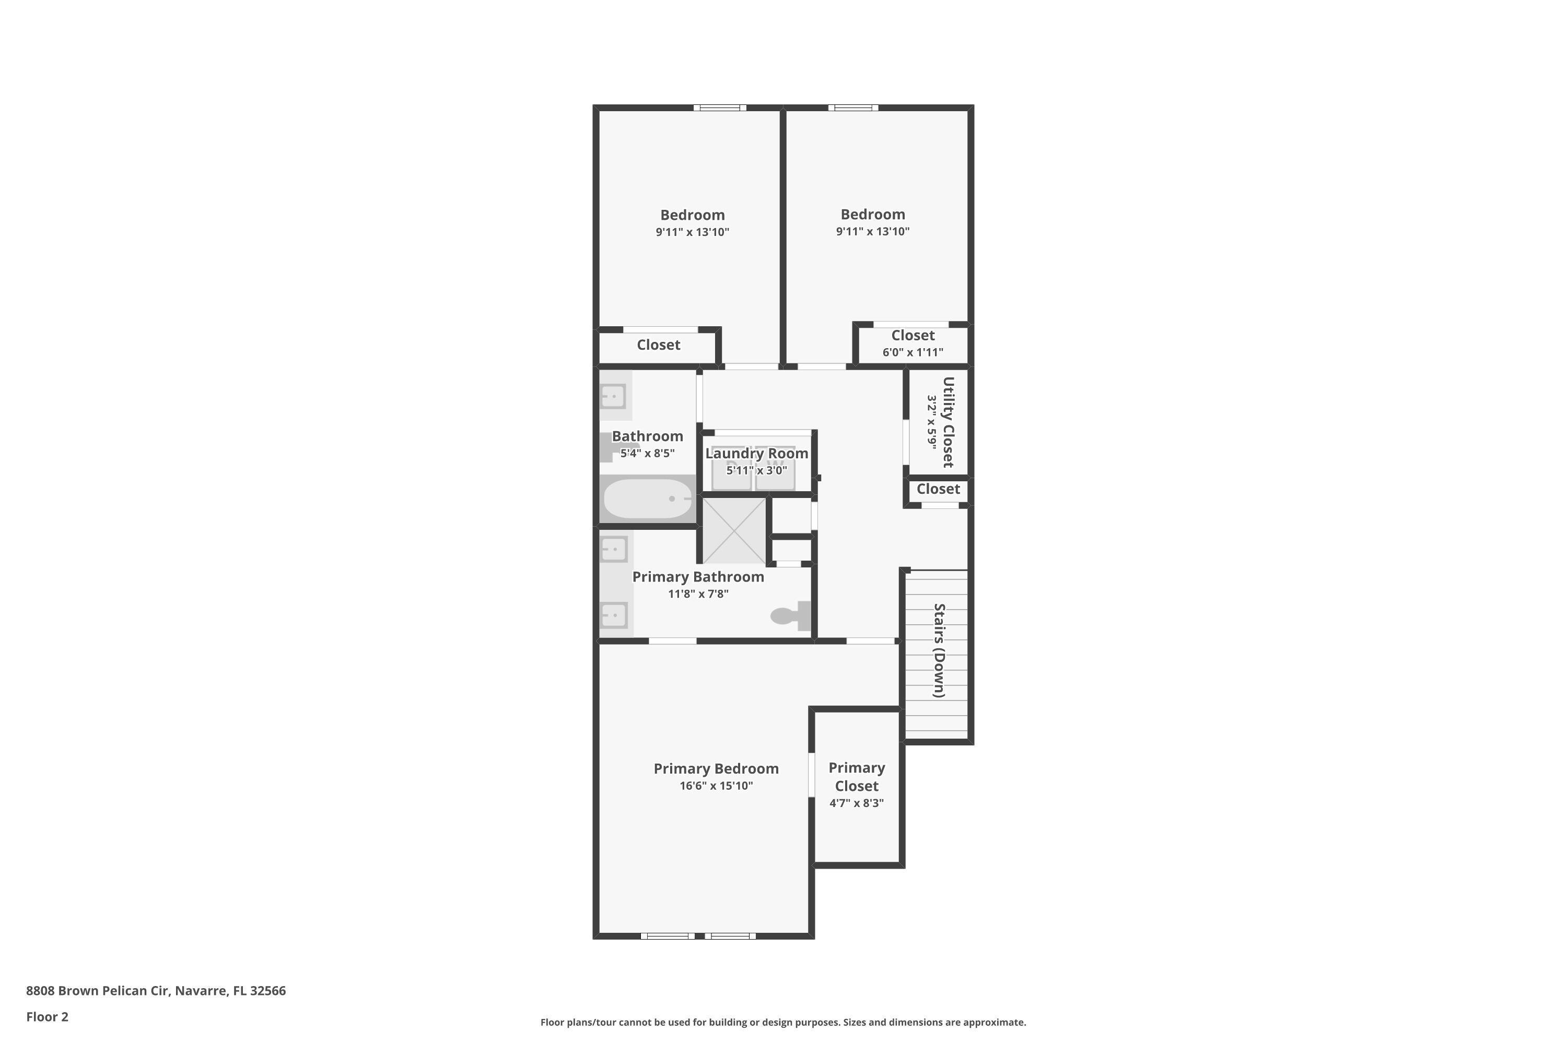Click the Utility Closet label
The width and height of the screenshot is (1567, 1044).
pos(948,422)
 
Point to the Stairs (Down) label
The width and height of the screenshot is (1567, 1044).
pos(939,650)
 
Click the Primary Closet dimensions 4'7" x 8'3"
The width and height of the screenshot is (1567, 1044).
pos(856,803)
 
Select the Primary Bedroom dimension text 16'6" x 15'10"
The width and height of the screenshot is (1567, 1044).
pos(716,786)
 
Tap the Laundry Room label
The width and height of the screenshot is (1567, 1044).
pos(756,454)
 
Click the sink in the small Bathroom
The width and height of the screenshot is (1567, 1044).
pos(614,396)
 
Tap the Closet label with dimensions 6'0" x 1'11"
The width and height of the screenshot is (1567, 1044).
pos(913,336)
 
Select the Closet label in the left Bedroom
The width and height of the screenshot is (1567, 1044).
pos(658,345)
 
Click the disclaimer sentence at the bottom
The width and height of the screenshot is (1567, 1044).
pos(783,1022)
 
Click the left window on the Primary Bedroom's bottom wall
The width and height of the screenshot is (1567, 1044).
pos(668,936)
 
